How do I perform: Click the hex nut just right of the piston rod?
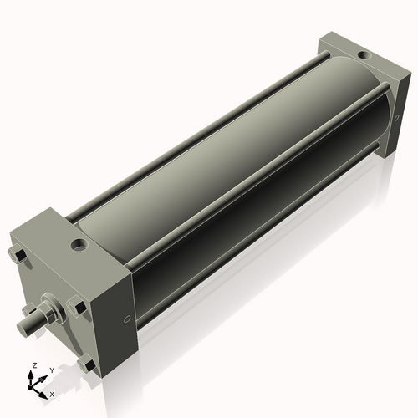tap(79, 308)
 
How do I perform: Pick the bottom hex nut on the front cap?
tap(87, 364)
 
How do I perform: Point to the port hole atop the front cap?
tap(80, 246)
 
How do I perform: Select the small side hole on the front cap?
tap(126, 319)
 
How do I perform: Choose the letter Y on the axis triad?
tap(51, 369)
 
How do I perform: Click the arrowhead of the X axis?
tap(44, 390)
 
